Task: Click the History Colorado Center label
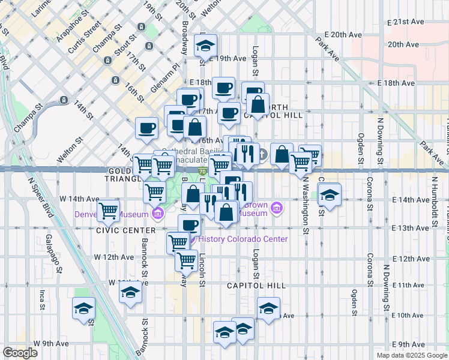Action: click(243, 239)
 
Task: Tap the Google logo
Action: click(20, 353)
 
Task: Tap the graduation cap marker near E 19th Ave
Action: click(206, 46)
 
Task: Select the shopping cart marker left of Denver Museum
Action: click(108, 210)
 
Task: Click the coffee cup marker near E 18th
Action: click(223, 88)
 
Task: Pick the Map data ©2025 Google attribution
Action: click(411, 355)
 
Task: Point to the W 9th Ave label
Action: click(50, 344)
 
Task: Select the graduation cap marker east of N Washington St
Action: click(330, 194)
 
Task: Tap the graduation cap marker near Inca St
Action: click(84, 308)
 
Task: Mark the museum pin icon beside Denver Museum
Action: click(157, 213)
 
